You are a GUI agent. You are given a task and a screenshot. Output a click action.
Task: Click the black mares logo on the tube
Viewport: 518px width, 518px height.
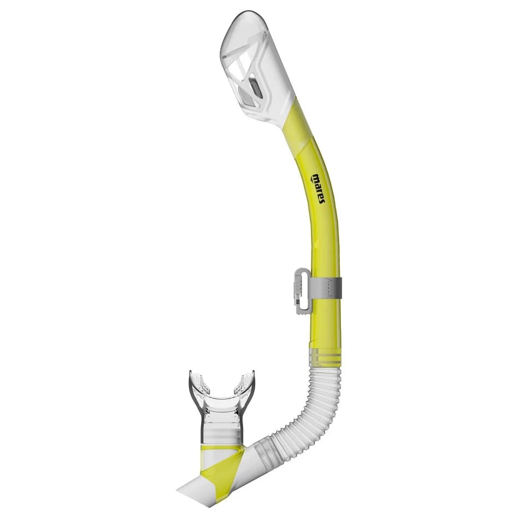[x=319, y=188]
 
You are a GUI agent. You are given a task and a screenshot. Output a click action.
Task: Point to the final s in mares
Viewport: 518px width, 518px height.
[x=321, y=201]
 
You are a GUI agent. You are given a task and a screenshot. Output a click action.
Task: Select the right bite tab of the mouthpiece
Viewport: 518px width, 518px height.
[x=245, y=382]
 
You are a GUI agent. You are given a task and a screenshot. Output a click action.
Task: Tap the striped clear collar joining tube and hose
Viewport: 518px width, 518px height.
[x=325, y=358]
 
